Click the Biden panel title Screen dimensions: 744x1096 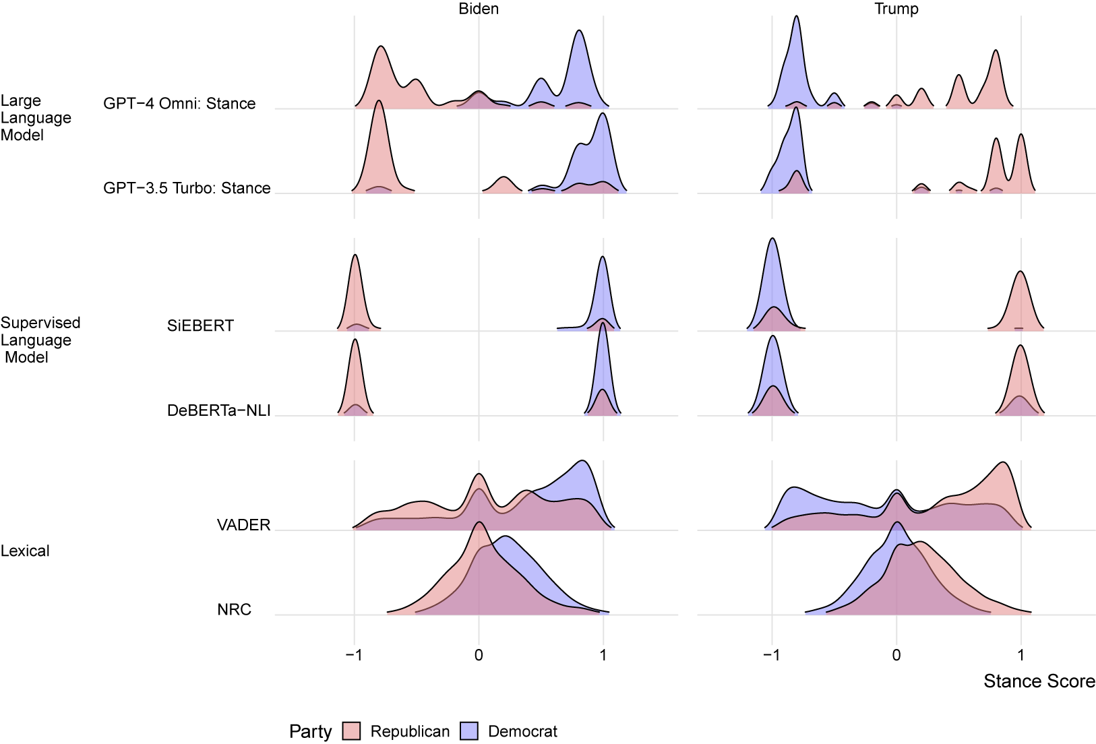pyautogui.click(x=479, y=9)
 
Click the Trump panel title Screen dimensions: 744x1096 pyautogui.click(x=896, y=9)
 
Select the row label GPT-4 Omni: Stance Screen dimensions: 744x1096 pyautogui.click(x=179, y=104)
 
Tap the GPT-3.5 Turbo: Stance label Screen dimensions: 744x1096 pyautogui.click(x=187, y=188)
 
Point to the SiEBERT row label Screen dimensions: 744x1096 pyautogui.click(x=200, y=326)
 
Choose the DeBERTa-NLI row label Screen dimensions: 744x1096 pyautogui.click(x=218, y=410)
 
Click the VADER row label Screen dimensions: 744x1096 pyautogui.click(x=243, y=525)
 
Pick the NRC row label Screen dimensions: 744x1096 pyautogui.click(x=234, y=610)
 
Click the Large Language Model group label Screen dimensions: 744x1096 pyautogui.click(x=36, y=118)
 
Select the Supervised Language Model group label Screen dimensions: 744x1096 pyautogui.click(x=40, y=340)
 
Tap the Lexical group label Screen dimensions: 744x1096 pyautogui.click(x=25, y=551)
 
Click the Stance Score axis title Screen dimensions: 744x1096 pyautogui.click(x=1039, y=681)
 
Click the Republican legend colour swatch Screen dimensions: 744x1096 pyautogui.click(x=351, y=731)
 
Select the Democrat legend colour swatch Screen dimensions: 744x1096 pyautogui.click(x=469, y=731)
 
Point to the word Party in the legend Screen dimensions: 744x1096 pyautogui.click(x=310, y=731)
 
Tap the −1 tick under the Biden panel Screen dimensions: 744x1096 pyautogui.click(x=353, y=655)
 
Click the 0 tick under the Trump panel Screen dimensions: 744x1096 pyautogui.click(x=896, y=655)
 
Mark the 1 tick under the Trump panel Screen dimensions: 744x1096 pyautogui.click(x=1021, y=655)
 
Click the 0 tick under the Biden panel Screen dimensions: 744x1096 pyautogui.click(x=479, y=655)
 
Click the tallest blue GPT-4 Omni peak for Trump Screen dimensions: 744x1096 pyautogui.click(x=797, y=18)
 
